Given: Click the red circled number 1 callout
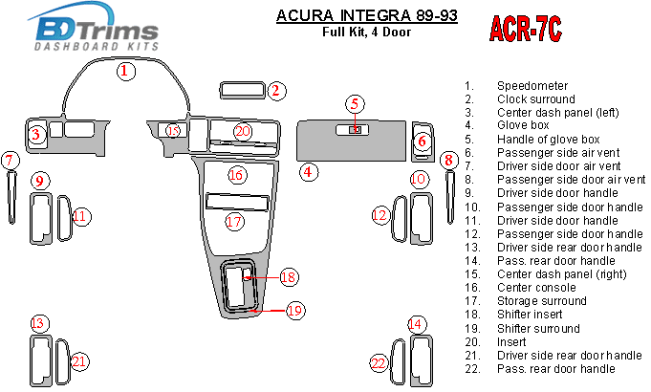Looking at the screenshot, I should (x=126, y=70).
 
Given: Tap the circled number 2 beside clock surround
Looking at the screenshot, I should (x=275, y=91).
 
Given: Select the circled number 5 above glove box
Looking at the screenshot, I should (x=354, y=103).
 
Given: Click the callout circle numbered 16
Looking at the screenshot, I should (x=237, y=174).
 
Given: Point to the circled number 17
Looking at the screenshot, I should (x=234, y=222).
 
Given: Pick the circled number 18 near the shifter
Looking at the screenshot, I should (x=288, y=277).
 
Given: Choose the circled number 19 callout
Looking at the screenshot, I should (x=294, y=310).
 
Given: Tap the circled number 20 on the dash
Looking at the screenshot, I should (x=243, y=131).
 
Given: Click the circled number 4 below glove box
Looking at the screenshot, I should (x=308, y=172).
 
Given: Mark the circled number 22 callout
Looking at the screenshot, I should (x=379, y=362).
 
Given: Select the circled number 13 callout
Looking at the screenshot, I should (x=38, y=323).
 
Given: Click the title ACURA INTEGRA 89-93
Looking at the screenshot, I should (x=365, y=15).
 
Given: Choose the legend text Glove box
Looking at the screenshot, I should (x=523, y=125).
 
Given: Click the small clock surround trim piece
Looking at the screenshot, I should (x=242, y=91).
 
